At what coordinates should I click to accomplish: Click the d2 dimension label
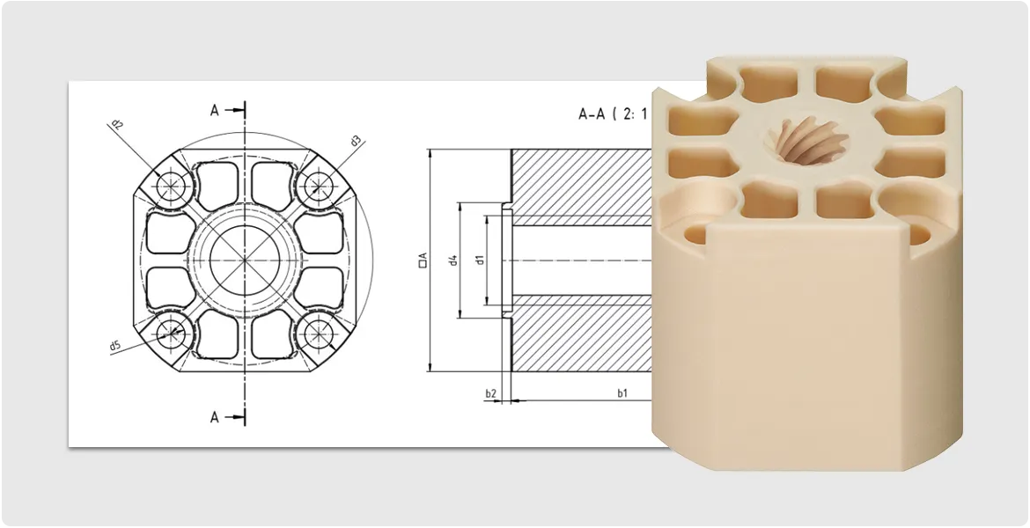pyautogui.click(x=116, y=125)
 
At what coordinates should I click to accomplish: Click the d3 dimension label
pyautogui.click(x=356, y=140)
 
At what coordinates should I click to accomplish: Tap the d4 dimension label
pyautogui.click(x=453, y=260)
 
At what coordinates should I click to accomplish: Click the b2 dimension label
pyautogui.click(x=490, y=393)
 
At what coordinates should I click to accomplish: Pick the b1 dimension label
pyautogui.click(x=622, y=393)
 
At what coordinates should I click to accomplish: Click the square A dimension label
pyautogui.click(x=423, y=260)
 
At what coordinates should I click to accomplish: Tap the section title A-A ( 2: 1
pyautogui.click(x=612, y=114)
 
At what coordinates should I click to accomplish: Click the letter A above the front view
pyautogui.click(x=214, y=110)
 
